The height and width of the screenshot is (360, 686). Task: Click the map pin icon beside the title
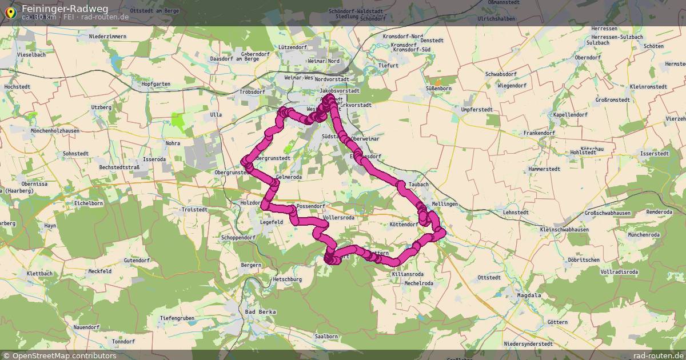click(10, 12)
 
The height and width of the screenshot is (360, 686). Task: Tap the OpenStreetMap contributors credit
click(59, 355)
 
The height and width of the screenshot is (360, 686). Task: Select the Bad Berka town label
click(260, 312)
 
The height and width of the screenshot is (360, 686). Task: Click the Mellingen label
click(445, 204)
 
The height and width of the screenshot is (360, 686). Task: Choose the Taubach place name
click(418, 185)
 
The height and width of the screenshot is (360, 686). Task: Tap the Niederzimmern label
click(107, 37)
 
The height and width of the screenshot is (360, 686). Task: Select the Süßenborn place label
click(438, 89)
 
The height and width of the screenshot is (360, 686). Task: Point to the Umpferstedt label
click(476, 109)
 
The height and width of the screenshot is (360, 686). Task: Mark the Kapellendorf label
click(570, 115)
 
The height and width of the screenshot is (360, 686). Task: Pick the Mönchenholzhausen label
click(58, 131)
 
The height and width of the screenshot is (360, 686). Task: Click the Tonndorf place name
click(123, 342)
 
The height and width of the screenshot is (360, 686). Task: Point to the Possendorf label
click(311, 206)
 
